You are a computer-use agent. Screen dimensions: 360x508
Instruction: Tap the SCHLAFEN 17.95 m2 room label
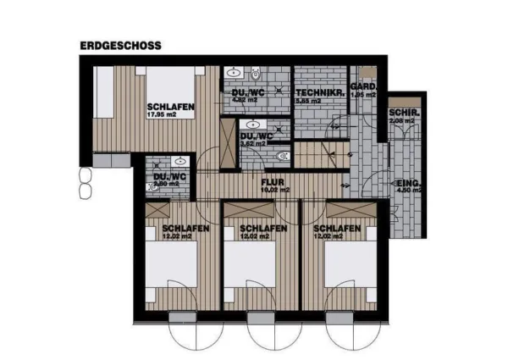click(172, 105)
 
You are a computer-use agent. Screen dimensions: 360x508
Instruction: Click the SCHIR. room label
click(401, 114)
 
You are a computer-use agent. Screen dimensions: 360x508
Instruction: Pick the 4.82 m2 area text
click(244, 100)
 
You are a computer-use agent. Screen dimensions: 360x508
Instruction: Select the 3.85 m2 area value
click(308, 100)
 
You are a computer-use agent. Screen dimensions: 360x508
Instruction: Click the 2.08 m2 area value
click(400, 123)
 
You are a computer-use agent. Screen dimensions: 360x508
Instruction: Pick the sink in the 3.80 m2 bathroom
click(179, 160)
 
